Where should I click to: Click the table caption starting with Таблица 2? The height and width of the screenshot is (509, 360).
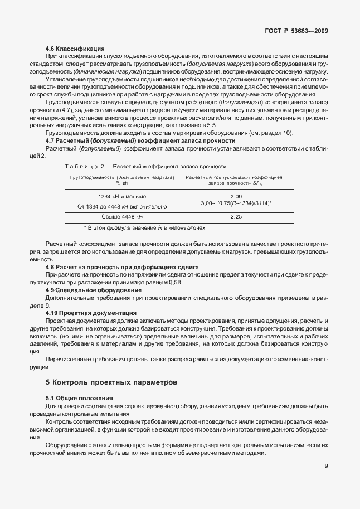click(x=145, y=166)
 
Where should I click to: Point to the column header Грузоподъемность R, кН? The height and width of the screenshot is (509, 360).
click(x=122, y=180)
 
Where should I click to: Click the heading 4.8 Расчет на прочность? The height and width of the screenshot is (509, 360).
click(x=122, y=268)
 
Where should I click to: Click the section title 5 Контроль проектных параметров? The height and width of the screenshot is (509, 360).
click(x=111, y=383)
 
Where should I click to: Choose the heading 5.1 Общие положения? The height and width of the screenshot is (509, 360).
click(x=79, y=398)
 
